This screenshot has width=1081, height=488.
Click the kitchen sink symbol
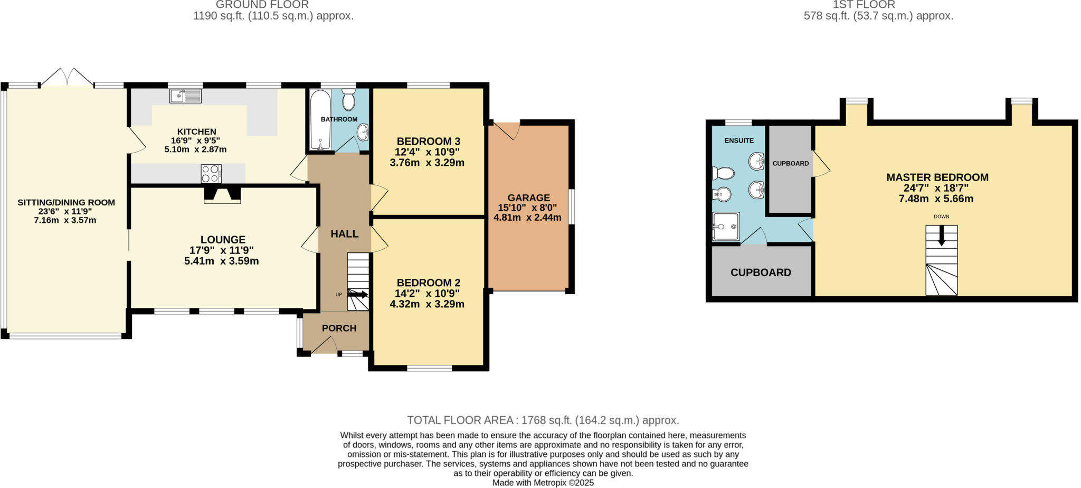click(186, 96)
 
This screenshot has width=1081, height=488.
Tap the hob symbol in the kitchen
click(211, 173)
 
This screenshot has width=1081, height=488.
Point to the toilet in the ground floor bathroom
click(348, 100)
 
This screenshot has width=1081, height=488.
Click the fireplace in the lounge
click(222, 194)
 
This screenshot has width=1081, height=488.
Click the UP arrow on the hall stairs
click(358, 294)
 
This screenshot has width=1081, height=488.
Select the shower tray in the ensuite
click(726, 227)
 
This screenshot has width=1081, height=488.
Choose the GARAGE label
click(529, 198)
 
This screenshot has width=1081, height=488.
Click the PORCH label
click(339, 328)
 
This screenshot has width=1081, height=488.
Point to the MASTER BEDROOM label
click(937, 177)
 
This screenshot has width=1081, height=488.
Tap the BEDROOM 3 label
click(428, 141)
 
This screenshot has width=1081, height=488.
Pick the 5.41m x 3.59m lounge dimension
click(221, 261)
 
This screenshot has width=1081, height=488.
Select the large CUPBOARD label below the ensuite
click(761, 273)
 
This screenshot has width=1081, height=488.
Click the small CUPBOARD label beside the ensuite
click(790, 164)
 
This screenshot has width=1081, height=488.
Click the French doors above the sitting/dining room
click(68, 77)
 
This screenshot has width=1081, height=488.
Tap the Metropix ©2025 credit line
click(543, 483)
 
